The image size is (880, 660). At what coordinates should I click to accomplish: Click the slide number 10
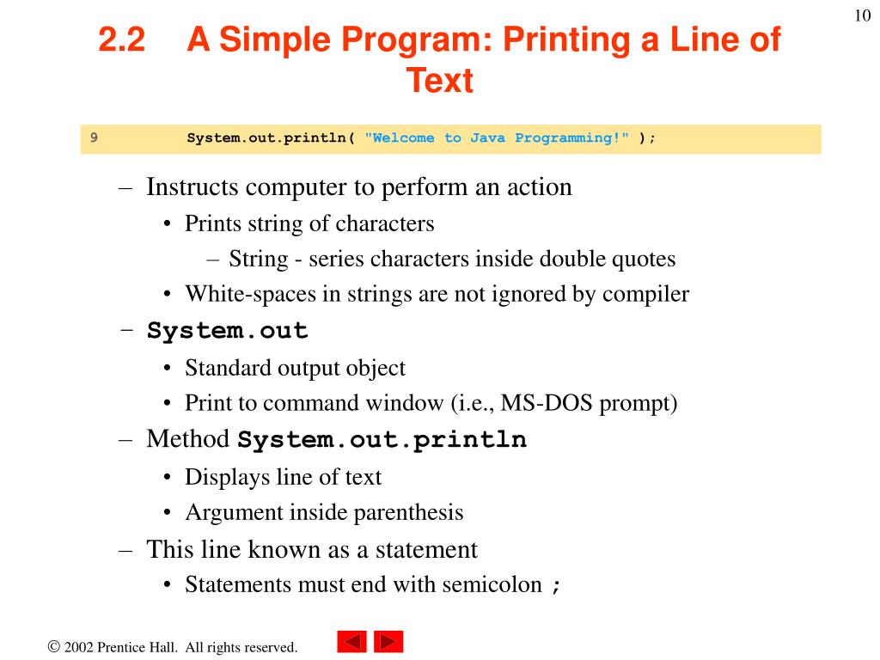(x=863, y=15)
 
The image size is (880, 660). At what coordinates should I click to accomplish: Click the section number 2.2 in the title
(x=122, y=40)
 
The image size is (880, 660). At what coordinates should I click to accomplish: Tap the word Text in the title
(x=440, y=80)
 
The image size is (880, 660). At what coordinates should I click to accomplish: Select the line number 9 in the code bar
(x=94, y=137)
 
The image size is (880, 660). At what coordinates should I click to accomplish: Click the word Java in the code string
(x=487, y=138)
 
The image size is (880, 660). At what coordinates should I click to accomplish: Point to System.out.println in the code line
(x=266, y=138)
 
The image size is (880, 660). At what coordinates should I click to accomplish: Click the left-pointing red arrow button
(x=351, y=641)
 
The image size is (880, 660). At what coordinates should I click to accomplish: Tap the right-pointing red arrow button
(x=388, y=641)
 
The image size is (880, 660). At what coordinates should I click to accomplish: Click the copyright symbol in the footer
(x=54, y=646)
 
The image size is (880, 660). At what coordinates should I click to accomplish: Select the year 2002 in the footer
(x=78, y=647)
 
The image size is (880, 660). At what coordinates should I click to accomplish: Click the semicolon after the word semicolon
(x=556, y=586)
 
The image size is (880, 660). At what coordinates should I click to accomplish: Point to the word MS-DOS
(x=546, y=403)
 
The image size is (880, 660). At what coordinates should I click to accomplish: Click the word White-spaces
(x=251, y=295)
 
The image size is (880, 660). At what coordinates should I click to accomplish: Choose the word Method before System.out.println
(x=188, y=439)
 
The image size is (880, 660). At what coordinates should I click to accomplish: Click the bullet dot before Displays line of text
(x=167, y=478)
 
